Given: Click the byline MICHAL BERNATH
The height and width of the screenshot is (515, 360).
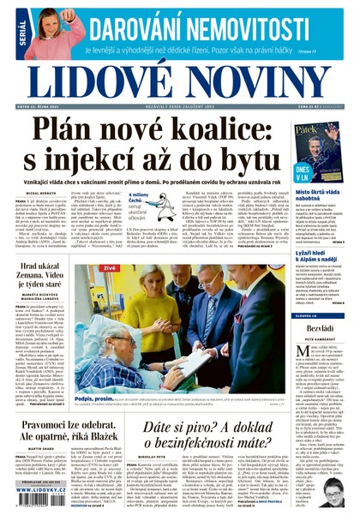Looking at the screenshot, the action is coord(41,196).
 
